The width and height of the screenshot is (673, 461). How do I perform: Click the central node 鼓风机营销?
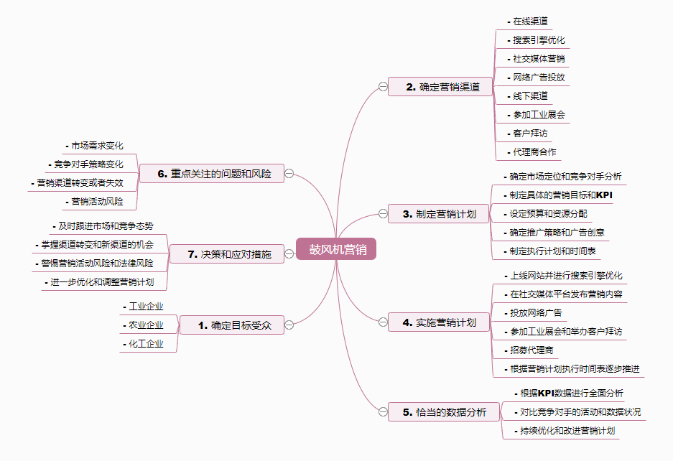[x=336, y=249]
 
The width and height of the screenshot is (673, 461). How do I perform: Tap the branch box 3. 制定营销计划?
[x=439, y=213]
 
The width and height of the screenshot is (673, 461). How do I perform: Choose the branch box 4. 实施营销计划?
[x=439, y=323]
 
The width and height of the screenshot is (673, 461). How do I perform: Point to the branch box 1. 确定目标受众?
[x=231, y=325]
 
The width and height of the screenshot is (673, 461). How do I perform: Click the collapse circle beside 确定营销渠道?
[x=383, y=87]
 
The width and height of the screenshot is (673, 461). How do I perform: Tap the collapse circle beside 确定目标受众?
[x=289, y=325]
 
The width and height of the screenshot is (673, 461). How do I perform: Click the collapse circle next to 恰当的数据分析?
[x=383, y=412]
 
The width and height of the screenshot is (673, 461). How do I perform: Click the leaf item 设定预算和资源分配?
[x=548, y=213]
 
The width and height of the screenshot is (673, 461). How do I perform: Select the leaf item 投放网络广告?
[x=536, y=313]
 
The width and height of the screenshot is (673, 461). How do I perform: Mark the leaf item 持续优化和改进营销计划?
[x=567, y=431]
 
